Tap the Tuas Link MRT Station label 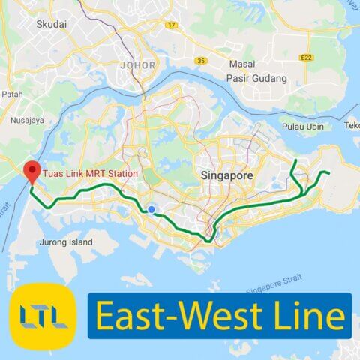click(x=90, y=174)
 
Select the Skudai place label click(x=51, y=24)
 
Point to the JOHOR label click(x=137, y=65)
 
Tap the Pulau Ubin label click(x=304, y=127)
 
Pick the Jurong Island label click(x=67, y=242)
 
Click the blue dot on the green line click(x=151, y=210)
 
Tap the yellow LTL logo click(x=43, y=316)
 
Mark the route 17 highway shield click(x=172, y=25)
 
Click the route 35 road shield click(x=200, y=60)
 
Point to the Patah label click(x=12, y=94)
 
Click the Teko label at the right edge click(x=351, y=127)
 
